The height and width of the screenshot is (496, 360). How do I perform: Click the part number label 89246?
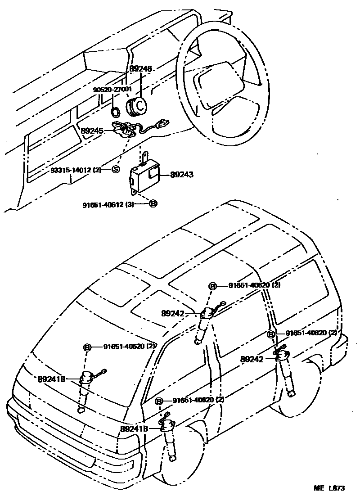(141, 69)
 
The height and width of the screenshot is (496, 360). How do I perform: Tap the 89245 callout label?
(93, 131)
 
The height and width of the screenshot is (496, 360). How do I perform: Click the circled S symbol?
(115, 169)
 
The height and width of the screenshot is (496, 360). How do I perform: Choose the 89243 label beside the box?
(182, 175)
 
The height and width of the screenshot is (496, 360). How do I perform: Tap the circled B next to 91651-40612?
(153, 204)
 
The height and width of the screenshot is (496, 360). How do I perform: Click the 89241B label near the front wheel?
(134, 429)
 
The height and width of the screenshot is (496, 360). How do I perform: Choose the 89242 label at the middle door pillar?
(173, 312)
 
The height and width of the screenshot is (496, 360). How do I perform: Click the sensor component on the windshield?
(85, 379)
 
